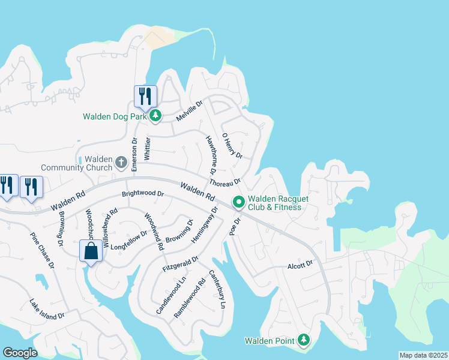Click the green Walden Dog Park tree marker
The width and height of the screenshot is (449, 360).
pos(155,116)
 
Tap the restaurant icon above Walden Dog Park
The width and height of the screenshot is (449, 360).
pos(145,95)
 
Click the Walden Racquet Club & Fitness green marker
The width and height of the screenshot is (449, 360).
pos(238,203)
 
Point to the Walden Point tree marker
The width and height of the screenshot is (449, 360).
pos(304,341)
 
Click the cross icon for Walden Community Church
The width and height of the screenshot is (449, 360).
pos(121,162)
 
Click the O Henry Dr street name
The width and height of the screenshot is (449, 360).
pos(232,146)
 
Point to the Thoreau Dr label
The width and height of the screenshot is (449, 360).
pos(225,182)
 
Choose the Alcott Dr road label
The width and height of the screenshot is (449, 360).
pos(300,264)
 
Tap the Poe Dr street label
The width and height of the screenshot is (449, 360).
pos(235,226)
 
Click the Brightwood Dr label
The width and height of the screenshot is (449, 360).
pos(143,194)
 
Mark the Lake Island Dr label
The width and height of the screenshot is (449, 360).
pos(47,308)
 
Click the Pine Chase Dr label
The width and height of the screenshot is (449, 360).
pos(42,248)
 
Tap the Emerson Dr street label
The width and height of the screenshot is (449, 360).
pos(135,154)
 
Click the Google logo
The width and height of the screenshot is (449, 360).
pos(20,353)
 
